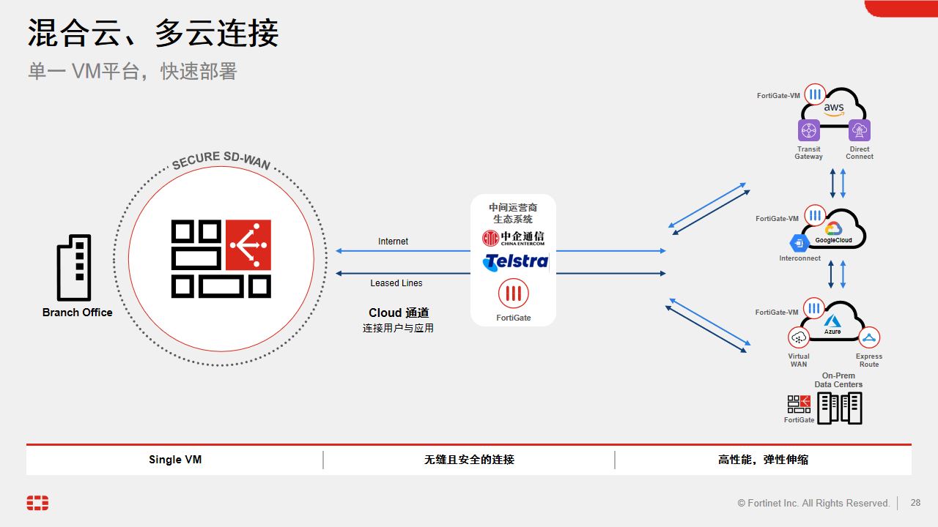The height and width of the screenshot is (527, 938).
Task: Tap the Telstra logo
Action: click(x=515, y=261)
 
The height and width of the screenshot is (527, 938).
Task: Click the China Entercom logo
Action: click(x=513, y=238)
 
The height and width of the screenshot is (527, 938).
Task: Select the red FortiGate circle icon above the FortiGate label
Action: click(x=514, y=294)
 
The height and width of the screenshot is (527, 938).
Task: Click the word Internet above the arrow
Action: click(x=393, y=242)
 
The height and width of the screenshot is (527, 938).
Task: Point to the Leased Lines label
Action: click(x=396, y=283)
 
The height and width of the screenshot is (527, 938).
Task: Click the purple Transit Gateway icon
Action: click(x=809, y=131)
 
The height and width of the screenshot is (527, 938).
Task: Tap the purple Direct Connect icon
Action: click(x=860, y=131)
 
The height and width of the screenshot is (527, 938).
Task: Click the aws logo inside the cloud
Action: click(x=834, y=109)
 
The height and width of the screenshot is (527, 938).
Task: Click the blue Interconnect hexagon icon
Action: click(x=798, y=243)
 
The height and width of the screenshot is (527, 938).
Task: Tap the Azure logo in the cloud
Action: click(x=832, y=323)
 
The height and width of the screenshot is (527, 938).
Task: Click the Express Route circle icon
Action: click(x=869, y=337)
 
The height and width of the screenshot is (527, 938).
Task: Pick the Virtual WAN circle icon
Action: click(x=799, y=337)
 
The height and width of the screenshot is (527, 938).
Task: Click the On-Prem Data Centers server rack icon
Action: click(x=840, y=408)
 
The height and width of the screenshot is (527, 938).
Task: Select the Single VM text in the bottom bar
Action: click(x=175, y=460)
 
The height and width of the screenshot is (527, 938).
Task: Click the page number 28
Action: click(x=915, y=503)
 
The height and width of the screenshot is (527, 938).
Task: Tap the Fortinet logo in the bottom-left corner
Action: click(x=37, y=503)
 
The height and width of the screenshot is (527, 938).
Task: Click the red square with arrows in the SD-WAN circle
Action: click(x=248, y=245)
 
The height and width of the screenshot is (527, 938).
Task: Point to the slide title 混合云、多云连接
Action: click(x=153, y=34)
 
